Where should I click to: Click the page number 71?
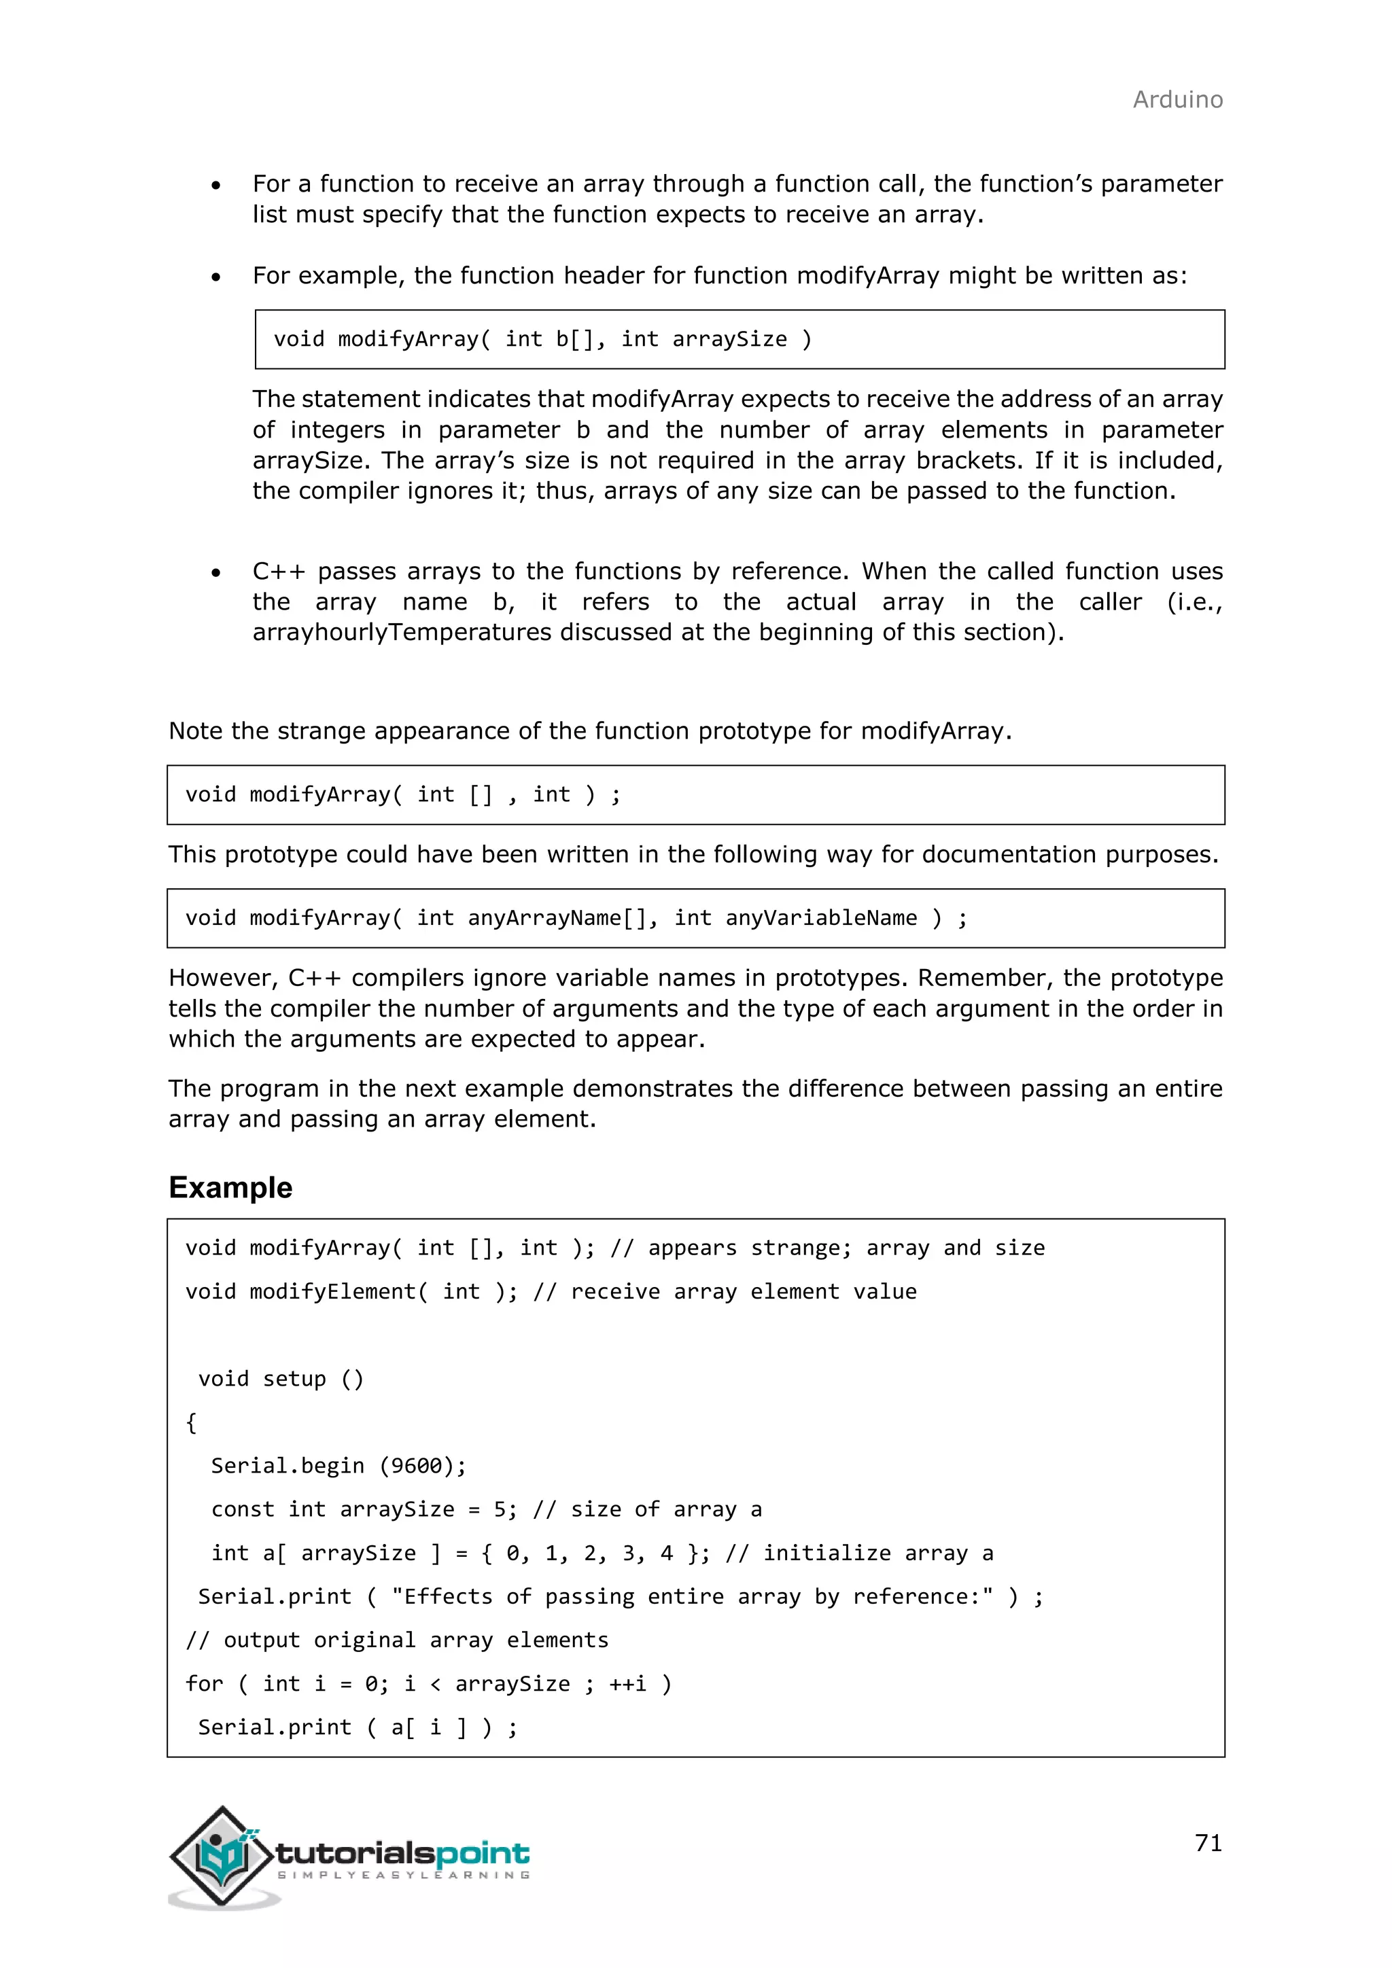1208,1842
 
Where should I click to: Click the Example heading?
230,1187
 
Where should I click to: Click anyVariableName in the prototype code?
820,918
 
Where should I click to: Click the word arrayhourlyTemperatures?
402,633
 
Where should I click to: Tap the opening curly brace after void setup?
191,1423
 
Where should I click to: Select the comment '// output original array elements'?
397,1640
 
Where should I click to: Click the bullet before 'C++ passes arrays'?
216,573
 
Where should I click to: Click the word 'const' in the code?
243,1509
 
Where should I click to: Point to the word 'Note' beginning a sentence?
196,731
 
